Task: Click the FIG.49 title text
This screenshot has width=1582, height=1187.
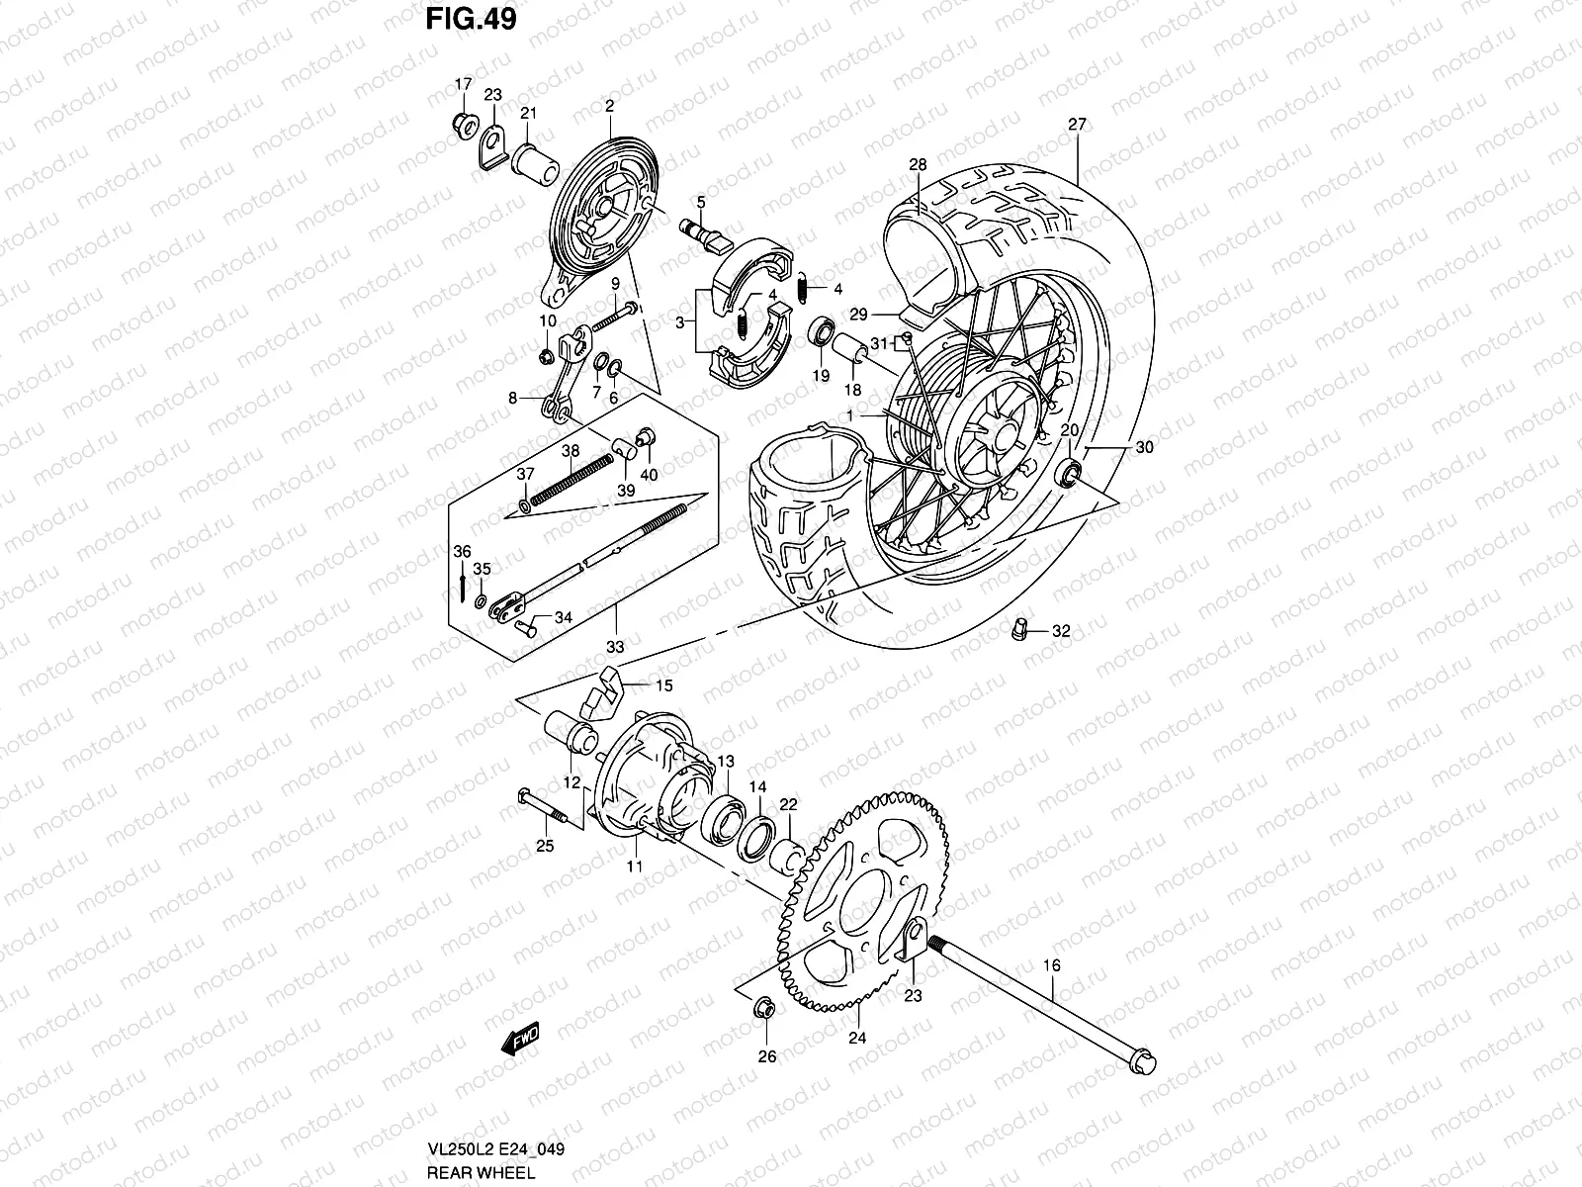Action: [470, 20]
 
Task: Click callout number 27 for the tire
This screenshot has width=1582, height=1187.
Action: [1077, 125]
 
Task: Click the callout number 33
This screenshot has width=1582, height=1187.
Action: [615, 648]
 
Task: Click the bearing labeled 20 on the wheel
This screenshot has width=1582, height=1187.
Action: [1069, 473]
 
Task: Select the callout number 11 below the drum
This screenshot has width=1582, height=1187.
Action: [634, 867]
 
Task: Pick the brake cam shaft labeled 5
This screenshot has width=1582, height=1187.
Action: [702, 234]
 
